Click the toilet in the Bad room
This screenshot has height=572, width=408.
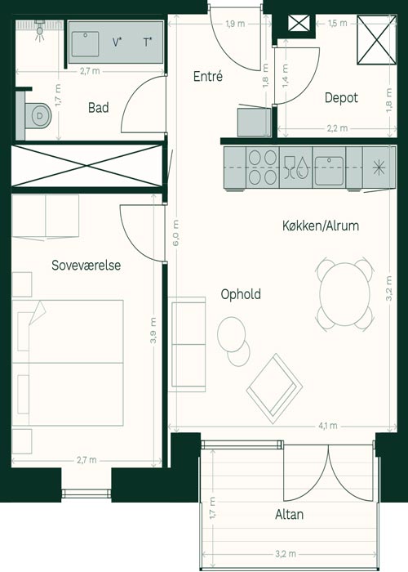pyautogui.click(x=37, y=116)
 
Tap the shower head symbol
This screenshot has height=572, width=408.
pyautogui.click(x=39, y=30)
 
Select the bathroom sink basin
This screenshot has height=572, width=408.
pyautogui.click(x=85, y=44)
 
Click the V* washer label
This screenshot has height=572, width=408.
pyautogui.click(x=117, y=42)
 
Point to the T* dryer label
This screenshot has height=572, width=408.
pyautogui.click(x=148, y=42)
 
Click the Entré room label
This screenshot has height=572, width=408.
pyautogui.click(x=208, y=76)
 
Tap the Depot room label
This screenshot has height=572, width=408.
pyautogui.click(x=341, y=98)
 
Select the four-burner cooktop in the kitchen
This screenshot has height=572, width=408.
pyautogui.click(x=263, y=168)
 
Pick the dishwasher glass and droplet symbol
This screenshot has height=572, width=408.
pyautogui.click(x=295, y=168)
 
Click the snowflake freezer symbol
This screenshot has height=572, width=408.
pyautogui.click(x=379, y=168)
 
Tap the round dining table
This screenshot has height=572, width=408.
pyautogui.click(x=344, y=294)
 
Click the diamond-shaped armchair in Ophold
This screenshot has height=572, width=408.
pyautogui.click(x=274, y=389)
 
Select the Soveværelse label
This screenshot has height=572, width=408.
pyautogui.click(x=86, y=266)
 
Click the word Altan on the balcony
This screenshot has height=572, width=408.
pyautogui.click(x=289, y=514)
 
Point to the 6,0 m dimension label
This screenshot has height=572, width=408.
pyautogui.click(x=175, y=233)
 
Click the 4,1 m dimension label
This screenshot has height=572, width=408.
pyautogui.click(x=328, y=426)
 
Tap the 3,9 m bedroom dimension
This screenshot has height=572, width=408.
pyautogui.click(x=153, y=330)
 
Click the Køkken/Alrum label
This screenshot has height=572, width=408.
pyautogui.click(x=321, y=226)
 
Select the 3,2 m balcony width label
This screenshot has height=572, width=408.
pyautogui.click(x=286, y=554)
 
